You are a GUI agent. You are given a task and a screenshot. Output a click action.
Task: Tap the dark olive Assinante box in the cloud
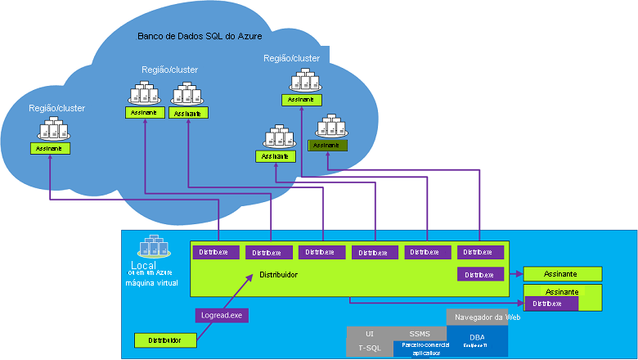pyautogui.click(x=327, y=146)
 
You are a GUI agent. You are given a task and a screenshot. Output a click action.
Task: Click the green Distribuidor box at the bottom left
pyautogui.click(x=166, y=340)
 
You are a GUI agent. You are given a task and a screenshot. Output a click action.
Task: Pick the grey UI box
pyautogui.click(x=370, y=334)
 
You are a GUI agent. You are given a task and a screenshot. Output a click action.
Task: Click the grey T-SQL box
pyautogui.click(x=370, y=349)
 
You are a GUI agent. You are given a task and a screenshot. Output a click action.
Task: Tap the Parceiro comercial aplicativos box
pyautogui.click(x=420, y=349)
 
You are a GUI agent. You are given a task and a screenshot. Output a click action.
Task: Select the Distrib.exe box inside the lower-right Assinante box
pyautogui.click(x=551, y=304)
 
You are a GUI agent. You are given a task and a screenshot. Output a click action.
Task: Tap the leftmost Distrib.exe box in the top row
pyautogui.click(x=216, y=252)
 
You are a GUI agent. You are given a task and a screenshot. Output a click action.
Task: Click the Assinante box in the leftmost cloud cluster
pyautogui.click(x=51, y=148)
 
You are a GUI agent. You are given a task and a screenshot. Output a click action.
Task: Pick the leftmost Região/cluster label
pyautogui.click(x=57, y=108)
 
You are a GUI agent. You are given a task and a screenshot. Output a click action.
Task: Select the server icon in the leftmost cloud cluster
pyautogui.click(x=52, y=128)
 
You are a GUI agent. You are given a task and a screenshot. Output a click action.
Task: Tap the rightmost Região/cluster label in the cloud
pyautogui.click(x=291, y=58)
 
